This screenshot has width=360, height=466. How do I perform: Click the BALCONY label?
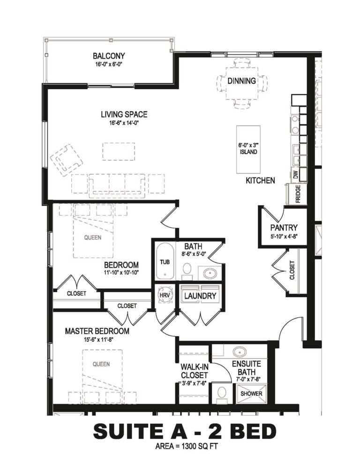click(x=109, y=56)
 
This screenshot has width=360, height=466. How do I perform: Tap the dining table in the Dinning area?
click(x=241, y=84)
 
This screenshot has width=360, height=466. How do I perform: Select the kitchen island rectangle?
click(x=248, y=150)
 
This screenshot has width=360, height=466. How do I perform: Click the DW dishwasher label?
click(x=295, y=175)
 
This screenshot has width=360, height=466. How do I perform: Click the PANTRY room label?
click(x=284, y=228)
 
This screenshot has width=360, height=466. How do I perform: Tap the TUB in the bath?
click(x=165, y=262)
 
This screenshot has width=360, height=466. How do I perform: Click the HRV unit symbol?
click(x=165, y=295)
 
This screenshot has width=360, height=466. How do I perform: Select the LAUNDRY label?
click(x=200, y=296)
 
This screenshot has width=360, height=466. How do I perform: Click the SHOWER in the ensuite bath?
click(x=251, y=393)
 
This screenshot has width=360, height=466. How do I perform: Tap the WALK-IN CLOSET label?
click(x=195, y=371)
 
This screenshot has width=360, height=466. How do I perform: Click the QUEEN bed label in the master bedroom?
click(x=101, y=364)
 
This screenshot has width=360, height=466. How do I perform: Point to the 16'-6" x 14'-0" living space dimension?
click(x=124, y=122)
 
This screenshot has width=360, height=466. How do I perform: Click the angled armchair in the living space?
click(x=66, y=160)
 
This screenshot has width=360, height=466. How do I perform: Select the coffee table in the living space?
click(x=119, y=151)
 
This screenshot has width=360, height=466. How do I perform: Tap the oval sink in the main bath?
click(x=210, y=272)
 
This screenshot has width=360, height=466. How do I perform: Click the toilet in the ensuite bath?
click(x=221, y=394)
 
